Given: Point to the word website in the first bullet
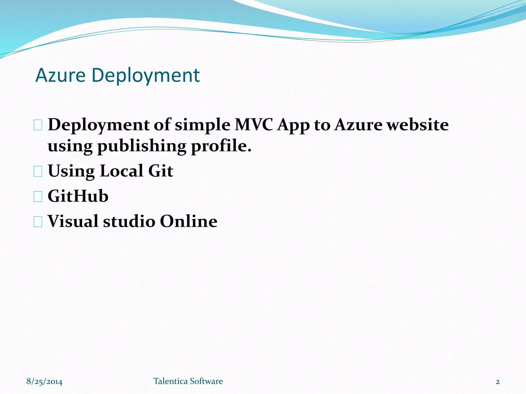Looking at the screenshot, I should (418, 125).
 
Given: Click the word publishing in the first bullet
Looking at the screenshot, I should (142, 146).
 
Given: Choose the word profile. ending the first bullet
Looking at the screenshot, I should (221, 146).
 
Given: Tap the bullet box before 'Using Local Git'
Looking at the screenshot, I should (38, 172).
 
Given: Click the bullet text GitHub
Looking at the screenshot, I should (78, 196).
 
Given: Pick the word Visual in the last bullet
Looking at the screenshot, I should (73, 221).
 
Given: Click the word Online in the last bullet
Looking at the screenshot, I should (189, 221).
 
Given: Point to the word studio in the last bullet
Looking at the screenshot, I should (129, 221).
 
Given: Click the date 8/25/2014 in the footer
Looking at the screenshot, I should (44, 381).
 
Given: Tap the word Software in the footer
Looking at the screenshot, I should (206, 381).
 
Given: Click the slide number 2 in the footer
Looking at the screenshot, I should (497, 382).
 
